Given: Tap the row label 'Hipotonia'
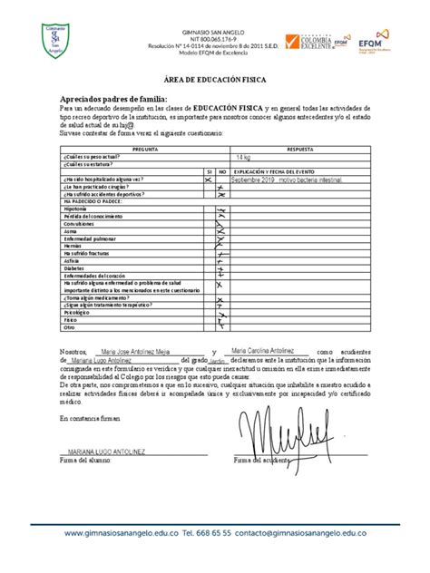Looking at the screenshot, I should [x=75, y=209].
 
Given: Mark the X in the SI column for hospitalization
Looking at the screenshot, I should [x=208, y=180].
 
